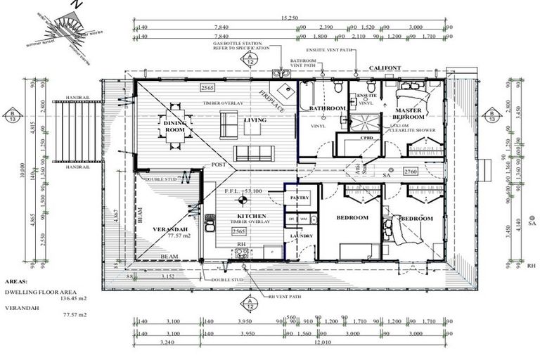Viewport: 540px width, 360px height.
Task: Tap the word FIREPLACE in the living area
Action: point(269,103)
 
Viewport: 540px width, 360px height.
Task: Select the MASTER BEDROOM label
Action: point(408,115)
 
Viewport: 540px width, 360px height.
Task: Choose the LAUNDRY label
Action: point(302,236)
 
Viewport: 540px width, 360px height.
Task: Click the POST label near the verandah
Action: point(219,165)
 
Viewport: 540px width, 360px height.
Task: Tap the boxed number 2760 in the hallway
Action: point(411,171)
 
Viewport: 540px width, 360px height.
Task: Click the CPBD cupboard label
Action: point(366,138)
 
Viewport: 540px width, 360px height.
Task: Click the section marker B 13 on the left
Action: point(12,117)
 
